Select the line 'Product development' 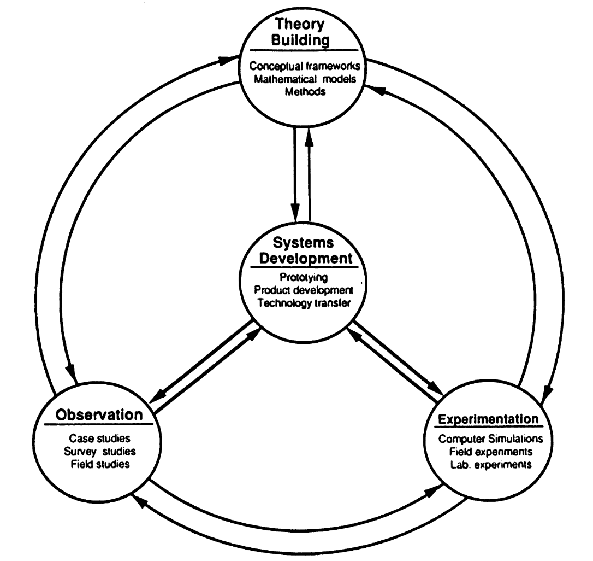point(304,290)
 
